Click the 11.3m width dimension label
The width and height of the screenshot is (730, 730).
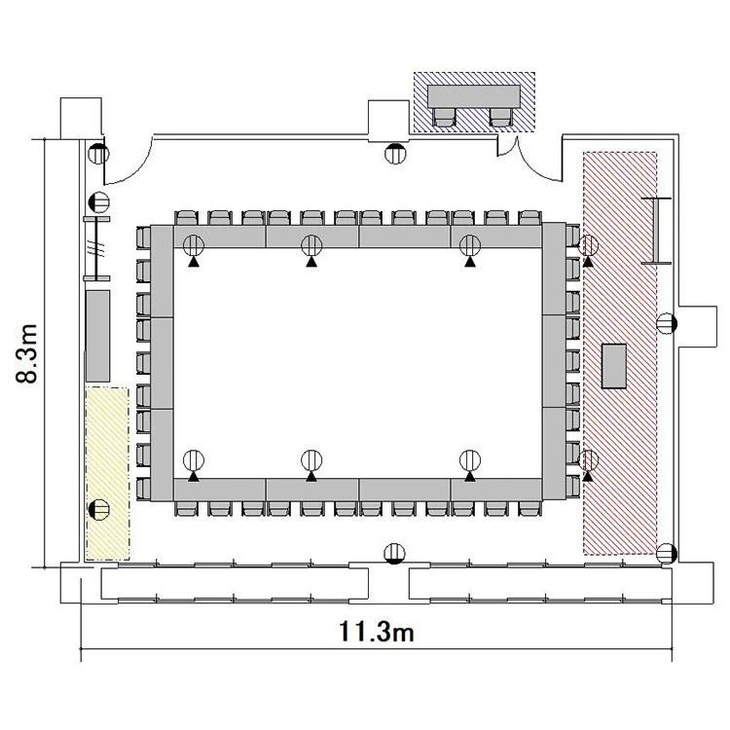(376, 632)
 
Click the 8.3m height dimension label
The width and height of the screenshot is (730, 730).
(26, 353)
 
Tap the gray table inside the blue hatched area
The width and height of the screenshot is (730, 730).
(474, 96)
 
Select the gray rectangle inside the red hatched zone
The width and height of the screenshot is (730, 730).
(613, 366)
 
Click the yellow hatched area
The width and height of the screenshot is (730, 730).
(107, 473)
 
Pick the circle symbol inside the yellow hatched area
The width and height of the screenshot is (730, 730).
(98, 509)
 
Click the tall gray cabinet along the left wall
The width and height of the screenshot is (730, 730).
(97, 336)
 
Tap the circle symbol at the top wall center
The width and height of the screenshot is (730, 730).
(395, 153)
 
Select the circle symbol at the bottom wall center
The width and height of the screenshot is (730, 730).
(394, 554)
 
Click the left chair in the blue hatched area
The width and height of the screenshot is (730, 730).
(444, 117)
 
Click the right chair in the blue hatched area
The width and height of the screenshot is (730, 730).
(501, 117)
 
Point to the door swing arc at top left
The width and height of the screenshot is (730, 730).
(132, 170)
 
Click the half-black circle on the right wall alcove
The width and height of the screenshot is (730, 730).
(667, 323)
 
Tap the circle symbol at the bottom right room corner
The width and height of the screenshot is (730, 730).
(667, 554)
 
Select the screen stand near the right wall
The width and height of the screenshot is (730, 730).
(656, 231)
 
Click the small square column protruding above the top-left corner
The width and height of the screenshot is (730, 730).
(81, 118)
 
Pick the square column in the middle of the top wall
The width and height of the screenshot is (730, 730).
(388, 121)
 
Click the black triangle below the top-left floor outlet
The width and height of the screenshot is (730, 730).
(194, 262)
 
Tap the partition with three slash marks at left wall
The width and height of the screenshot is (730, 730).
(96, 248)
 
